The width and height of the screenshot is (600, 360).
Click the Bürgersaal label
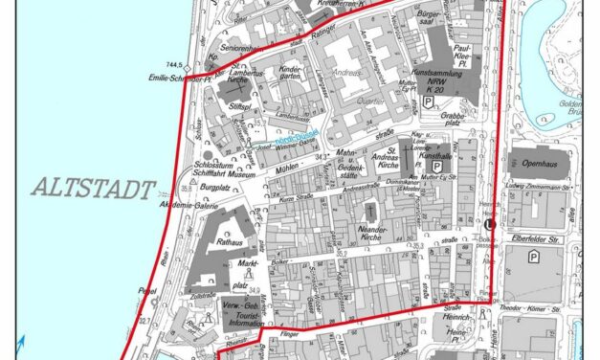coord(434,21)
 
